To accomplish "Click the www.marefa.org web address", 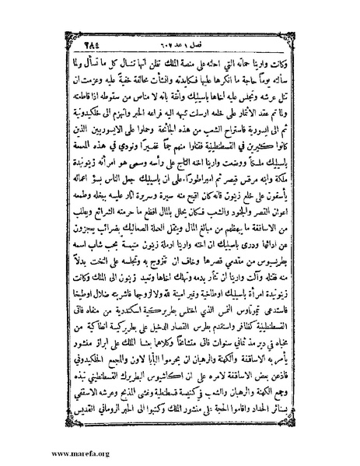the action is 40,456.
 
